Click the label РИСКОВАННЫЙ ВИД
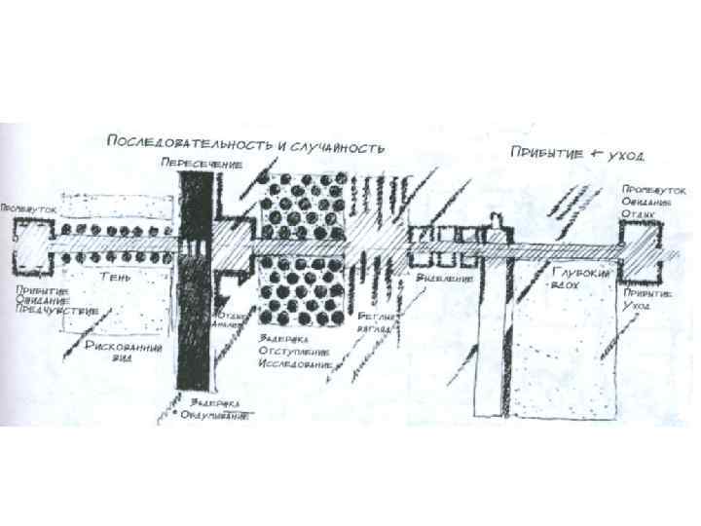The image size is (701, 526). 124,350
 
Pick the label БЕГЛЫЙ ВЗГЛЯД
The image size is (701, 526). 375,323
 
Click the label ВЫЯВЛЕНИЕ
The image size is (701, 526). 444,278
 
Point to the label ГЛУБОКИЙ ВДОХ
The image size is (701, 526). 581,281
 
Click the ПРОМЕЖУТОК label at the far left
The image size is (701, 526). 21,208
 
